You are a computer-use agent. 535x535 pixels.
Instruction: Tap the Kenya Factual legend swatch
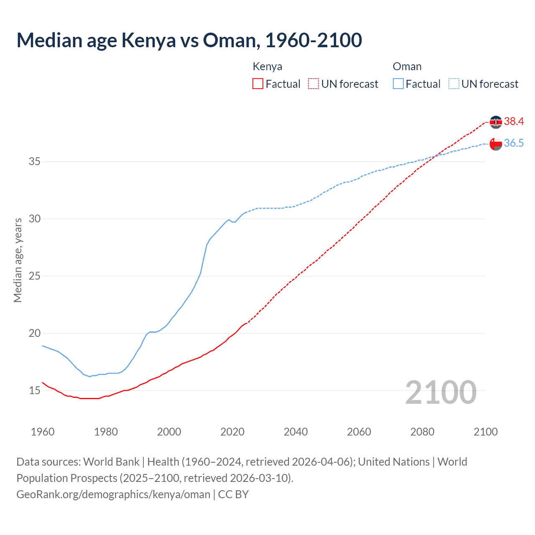(x=258, y=84)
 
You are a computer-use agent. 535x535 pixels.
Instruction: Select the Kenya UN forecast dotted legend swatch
(x=313, y=84)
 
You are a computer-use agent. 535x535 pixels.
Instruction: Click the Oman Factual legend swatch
(x=398, y=84)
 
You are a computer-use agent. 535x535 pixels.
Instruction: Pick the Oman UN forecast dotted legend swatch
(x=454, y=84)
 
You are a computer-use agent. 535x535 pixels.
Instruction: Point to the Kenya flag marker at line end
(x=496, y=122)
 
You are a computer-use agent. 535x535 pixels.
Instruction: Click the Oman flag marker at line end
(x=496, y=144)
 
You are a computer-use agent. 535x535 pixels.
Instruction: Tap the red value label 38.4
(x=514, y=122)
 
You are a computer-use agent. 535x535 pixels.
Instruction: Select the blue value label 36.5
(x=514, y=143)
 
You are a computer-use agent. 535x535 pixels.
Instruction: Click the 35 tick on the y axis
(x=34, y=161)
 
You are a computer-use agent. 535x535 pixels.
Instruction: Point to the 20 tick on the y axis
(x=34, y=334)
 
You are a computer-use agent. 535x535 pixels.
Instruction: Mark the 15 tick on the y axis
(x=34, y=391)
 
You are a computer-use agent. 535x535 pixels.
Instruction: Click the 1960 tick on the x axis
(x=43, y=432)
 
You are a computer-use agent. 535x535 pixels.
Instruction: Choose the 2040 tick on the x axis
(x=296, y=432)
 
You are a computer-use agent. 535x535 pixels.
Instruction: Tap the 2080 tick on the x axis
(x=422, y=432)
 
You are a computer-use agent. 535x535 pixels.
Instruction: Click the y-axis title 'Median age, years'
(x=18, y=260)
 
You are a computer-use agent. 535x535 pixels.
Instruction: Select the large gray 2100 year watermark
(x=441, y=392)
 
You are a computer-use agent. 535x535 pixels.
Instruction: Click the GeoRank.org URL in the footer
(x=113, y=494)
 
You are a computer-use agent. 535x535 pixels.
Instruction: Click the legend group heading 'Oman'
(x=407, y=67)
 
